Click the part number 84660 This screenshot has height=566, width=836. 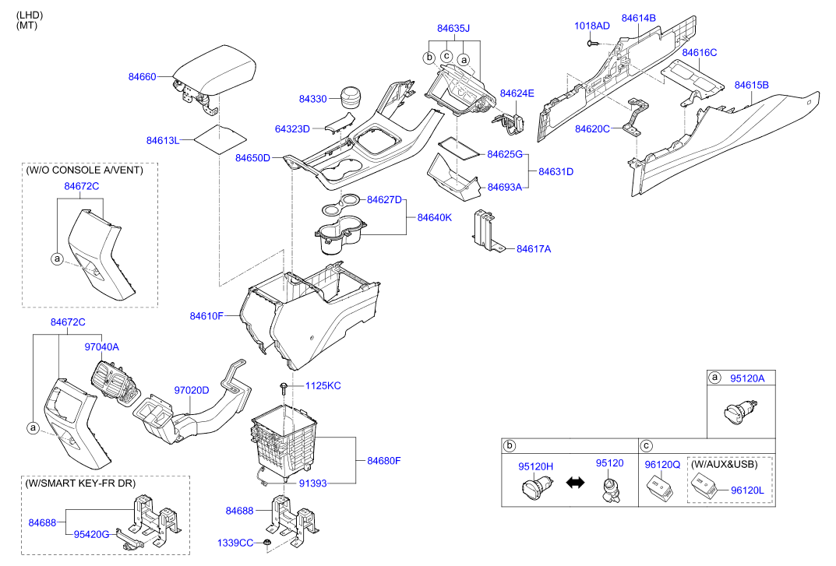point(143,77)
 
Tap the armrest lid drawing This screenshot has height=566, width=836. point(216,69)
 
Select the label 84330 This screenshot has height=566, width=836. point(313,99)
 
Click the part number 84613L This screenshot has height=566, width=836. point(163,140)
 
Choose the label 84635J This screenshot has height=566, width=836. point(453,29)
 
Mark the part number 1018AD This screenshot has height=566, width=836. point(592,26)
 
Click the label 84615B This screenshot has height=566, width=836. point(751,85)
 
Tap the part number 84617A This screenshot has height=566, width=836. point(534,249)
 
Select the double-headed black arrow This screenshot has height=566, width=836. point(574,483)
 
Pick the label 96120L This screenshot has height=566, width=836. point(748,491)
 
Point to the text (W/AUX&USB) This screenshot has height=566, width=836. point(724,465)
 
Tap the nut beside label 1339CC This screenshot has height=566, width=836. point(267,542)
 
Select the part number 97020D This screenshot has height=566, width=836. point(191,389)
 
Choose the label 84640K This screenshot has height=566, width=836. point(434,217)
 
